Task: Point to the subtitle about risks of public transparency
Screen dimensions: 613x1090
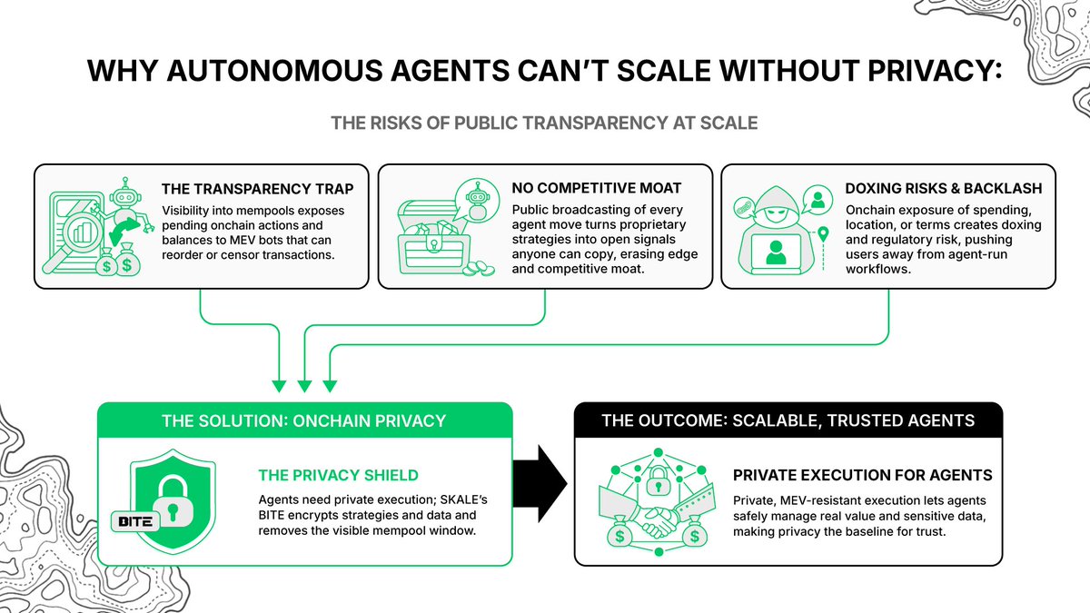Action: [x=544, y=122]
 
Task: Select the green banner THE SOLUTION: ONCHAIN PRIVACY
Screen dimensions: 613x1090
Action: [x=304, y=420]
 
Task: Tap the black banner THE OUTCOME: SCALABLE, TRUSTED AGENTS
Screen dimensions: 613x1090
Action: [x=788, y=420]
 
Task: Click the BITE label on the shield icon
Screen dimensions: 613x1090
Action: [x=134, y=521]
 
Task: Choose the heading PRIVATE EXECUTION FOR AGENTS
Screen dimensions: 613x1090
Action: [x=862, y=475]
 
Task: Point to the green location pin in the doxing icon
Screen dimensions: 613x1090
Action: [x=823, y=236]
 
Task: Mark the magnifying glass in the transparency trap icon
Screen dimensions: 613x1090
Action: [x=77, y=227]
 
